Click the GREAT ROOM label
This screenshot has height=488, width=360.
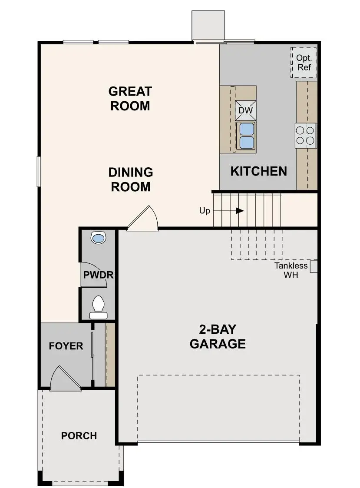[x=130, y=99]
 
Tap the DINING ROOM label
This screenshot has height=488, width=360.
[x=130, y=179]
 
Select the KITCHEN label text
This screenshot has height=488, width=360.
[x=258, y=171]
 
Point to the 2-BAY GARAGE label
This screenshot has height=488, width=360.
[x=218, y=337]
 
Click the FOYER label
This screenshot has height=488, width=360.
[x=66, y=346]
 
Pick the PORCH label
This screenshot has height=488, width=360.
[x=79, y=435]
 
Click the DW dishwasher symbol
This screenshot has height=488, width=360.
[x=245, y=110]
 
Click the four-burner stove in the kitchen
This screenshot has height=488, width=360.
[x=306, y=135]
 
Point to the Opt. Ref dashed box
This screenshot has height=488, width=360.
[x=304, y=63]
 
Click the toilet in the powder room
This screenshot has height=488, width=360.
[x=98, y=305]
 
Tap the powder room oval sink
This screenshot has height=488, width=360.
[x=99, y=238]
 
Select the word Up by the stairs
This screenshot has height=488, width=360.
[x=205, y=211]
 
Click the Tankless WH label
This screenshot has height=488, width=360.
[x=291, y=270]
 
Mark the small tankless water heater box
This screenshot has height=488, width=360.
[x=314, y=266]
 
